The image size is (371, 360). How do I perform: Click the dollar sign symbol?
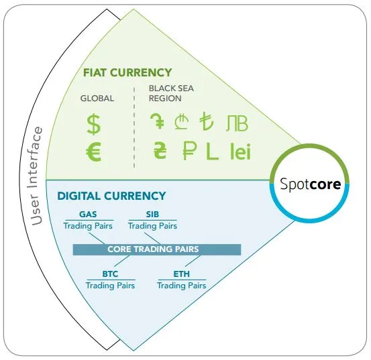[x=94, y=124]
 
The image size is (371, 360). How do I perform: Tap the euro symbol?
[x=94, y=152]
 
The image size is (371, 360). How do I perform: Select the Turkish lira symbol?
[x=207, y=121]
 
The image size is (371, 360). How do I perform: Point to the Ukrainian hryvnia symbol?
[x=160, y=150]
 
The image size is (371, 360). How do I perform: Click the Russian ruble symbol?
[x=190, y=151]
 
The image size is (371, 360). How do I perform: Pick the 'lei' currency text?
[x=240, y=151]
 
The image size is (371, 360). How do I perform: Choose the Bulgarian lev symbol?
[x=237, y=123]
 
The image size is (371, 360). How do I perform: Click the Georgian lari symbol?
[x=182, y=121]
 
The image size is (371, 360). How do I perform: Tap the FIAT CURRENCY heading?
[x=127, y=72]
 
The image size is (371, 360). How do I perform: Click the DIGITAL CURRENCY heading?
[x=111, y=196]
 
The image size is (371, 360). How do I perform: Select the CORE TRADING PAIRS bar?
[x=157, y=249]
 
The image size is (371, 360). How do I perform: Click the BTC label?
[x=110, y=274]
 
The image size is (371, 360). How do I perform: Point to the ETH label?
[x=182, y=274]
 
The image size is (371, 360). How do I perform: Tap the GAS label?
[x=88, y=214]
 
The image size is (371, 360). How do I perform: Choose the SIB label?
[x=152, y=214]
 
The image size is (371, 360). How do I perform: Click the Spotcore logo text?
[x=311, y=184]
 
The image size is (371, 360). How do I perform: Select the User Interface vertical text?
[x=36, y=176]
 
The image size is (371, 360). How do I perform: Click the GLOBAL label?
[x=97, y=99]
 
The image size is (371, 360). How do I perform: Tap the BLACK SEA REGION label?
[x=171, y=93]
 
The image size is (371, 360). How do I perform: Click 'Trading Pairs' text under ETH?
[x=182, y=286]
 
